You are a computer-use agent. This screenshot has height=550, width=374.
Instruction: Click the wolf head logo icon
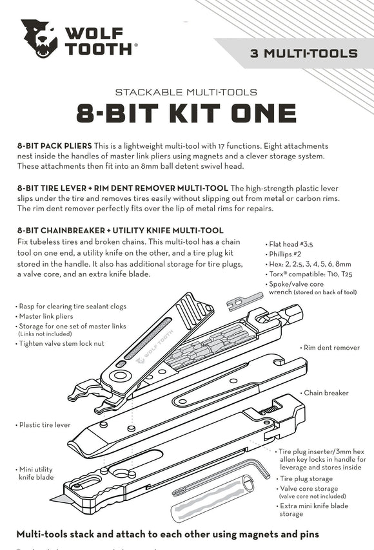point(39,39)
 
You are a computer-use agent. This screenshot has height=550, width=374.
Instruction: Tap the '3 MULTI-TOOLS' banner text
point(302,53)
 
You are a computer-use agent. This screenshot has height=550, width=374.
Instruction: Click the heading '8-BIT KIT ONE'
point(186,113)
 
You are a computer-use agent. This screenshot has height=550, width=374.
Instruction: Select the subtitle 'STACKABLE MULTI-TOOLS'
point(186,92)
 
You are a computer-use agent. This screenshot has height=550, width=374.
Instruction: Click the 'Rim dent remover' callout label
point(330,348)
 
